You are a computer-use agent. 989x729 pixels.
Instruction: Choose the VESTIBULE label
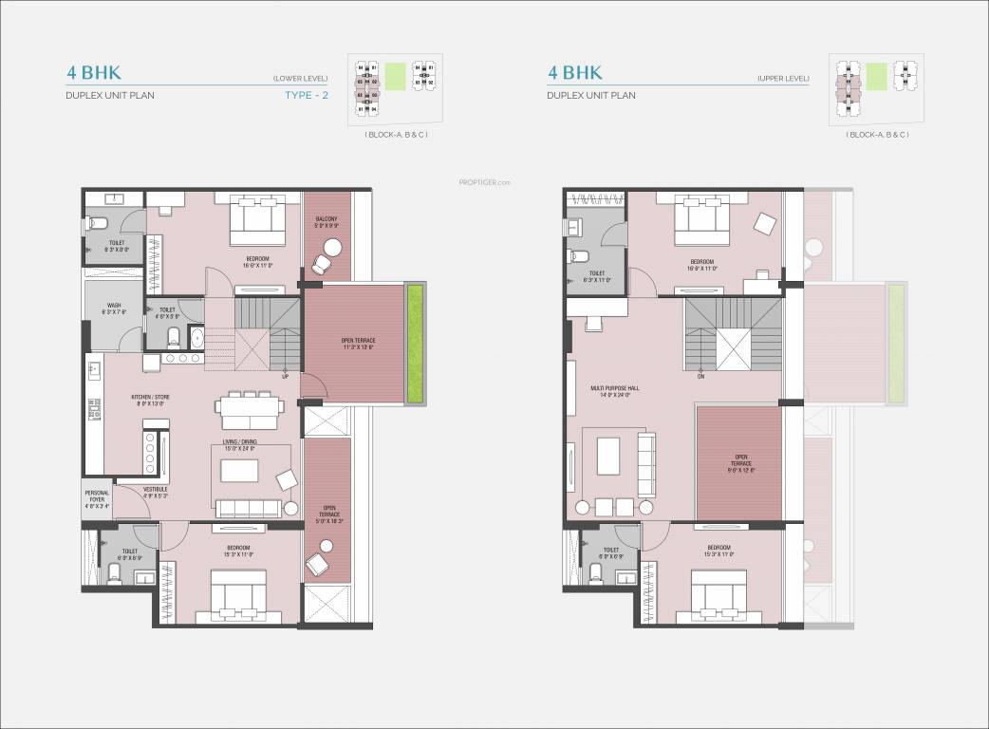(x=155, y=492)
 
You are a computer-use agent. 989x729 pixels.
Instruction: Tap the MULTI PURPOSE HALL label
(x=609, y=390)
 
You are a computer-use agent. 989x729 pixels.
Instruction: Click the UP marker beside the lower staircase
(x=285, y=377)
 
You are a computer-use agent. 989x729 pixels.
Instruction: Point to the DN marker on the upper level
(x=700, y=376)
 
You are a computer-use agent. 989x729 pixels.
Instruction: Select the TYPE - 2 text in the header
(x=306, y=95)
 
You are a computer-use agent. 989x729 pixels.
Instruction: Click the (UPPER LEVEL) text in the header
(x=783, y=77)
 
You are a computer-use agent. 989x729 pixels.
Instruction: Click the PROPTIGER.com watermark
(x=485, y=182)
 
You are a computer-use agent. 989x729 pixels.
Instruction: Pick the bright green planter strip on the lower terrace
(x=414, y=344)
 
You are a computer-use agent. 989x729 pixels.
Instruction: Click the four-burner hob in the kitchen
(x=149, y=453)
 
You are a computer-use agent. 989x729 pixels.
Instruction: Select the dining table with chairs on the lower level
(x=249, y=406)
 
